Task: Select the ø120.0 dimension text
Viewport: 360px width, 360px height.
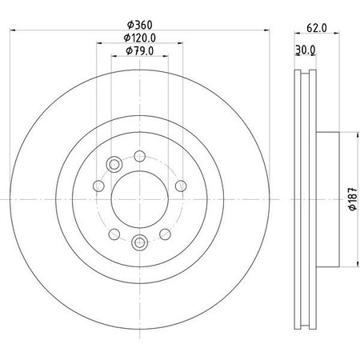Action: coord(139,38)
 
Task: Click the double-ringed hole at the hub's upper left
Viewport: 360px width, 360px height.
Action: coord(114,165)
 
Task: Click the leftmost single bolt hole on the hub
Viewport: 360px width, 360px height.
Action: coord(99,186)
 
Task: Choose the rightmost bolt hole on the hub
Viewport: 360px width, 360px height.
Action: coord(178,186)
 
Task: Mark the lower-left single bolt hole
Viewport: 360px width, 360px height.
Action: coord(114,233)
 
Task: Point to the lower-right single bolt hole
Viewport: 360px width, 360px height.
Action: coord(165,233)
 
